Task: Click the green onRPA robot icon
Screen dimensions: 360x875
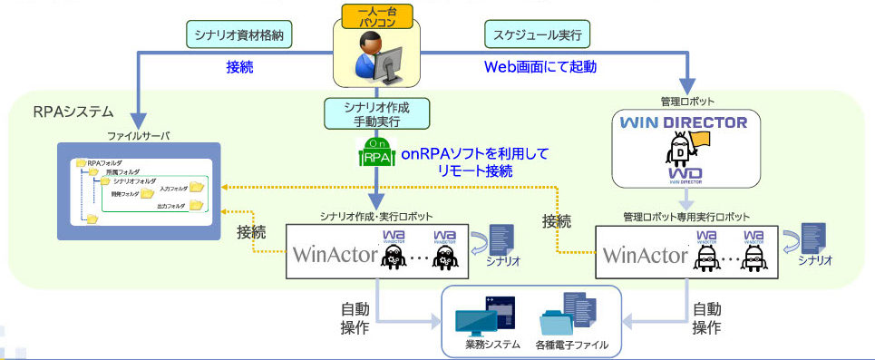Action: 376,153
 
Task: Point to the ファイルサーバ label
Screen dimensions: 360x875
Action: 138,136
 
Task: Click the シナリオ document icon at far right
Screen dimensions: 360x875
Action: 812,238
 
